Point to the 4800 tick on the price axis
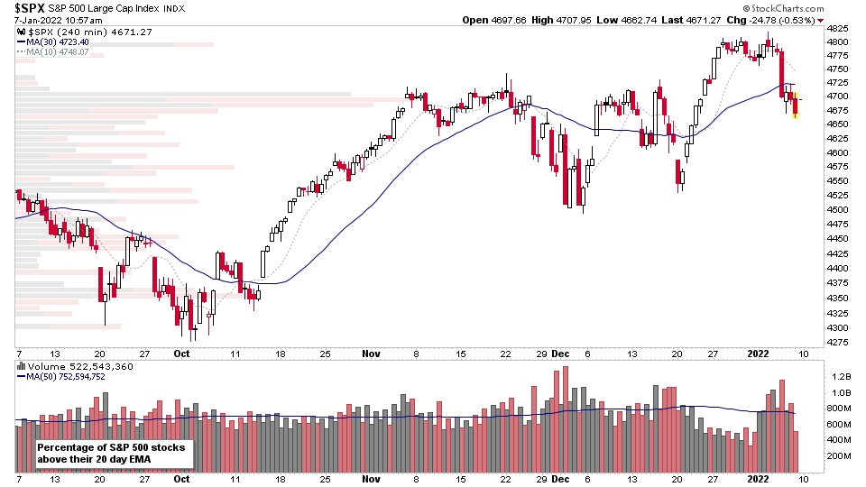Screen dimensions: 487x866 [837, 42]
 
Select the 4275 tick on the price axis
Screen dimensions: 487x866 [837, 343]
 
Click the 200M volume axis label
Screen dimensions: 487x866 [840, 456]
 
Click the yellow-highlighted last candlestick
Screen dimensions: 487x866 [795, 106]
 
